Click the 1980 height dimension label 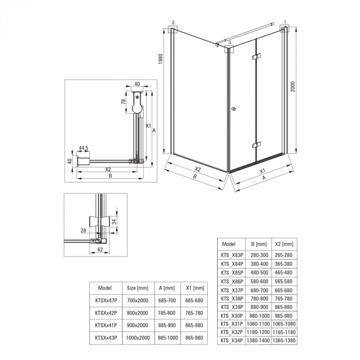click(x=160, y=59)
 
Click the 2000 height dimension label click(x=293, y=87)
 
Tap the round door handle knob click(x=233, y=109)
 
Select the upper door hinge click(x=257, y=56)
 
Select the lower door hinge click(x=257, y=145)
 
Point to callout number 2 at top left click(x=174, y=23)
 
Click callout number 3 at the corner click(x=230, y=42)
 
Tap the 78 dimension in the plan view click(x=123, y=101)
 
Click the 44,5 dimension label click(x=83, y=148)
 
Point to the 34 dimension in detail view click(x=114, y=222)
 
